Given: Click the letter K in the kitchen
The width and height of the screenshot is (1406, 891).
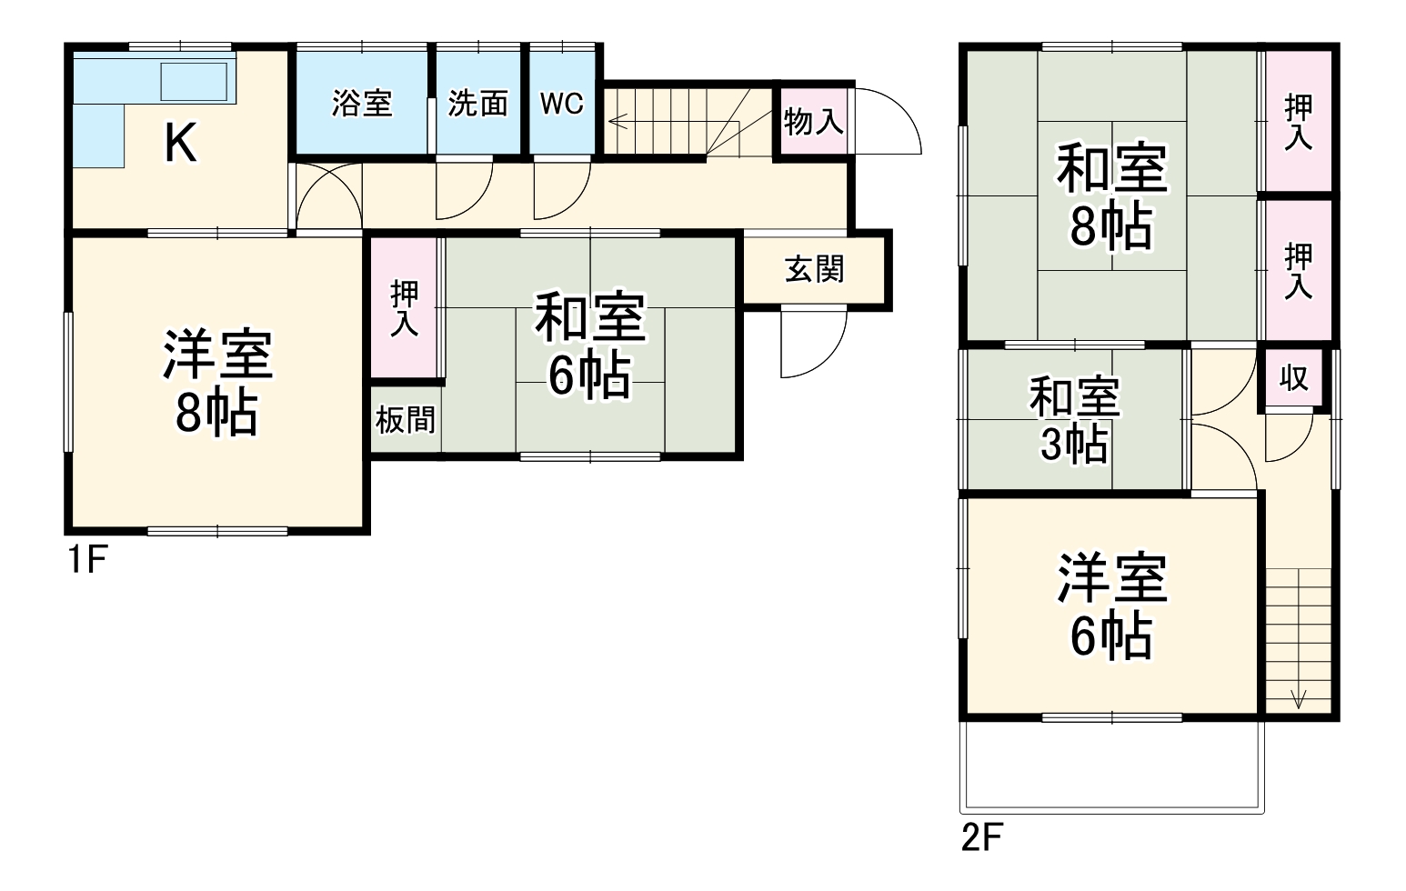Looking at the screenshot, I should [180, 143].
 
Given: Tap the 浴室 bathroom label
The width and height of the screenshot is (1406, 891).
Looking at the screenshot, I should [361, 103].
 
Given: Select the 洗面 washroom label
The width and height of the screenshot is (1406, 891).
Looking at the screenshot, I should [477, 103].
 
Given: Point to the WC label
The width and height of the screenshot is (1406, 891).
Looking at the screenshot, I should [561, 103].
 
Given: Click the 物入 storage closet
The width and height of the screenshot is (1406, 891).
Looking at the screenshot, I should [813, 121].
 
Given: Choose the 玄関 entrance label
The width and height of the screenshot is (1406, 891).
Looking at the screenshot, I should [814, 269].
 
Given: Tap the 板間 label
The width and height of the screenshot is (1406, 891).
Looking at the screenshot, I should [406, 420].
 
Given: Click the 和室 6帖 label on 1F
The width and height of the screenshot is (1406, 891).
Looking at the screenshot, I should [589, 345].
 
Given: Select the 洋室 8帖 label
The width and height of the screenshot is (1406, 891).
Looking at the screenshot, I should [217, 384].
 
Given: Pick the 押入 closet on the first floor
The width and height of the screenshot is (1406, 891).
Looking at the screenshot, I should [405, 308].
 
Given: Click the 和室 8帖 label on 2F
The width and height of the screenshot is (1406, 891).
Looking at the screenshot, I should [1111, 197].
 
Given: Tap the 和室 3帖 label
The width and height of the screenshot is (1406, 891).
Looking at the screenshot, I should [1074, 420].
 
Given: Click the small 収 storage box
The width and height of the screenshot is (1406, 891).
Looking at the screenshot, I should [1293, 377].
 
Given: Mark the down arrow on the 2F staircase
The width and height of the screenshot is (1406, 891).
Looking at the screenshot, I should [1298, 698].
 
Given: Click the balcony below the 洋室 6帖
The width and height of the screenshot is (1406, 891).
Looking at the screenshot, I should [1111, 764].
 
